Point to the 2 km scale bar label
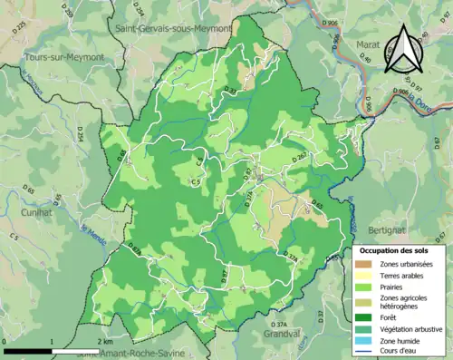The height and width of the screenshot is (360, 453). coord(106,343)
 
